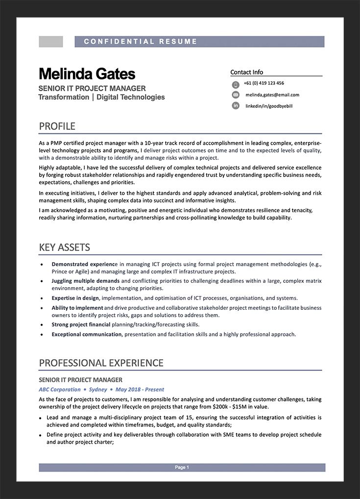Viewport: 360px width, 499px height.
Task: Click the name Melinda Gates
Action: (87, 74)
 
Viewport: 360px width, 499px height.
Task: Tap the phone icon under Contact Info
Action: (236, 84)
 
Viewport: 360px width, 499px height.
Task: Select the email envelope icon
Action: (236, 95)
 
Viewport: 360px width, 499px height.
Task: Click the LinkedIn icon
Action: (236, 105)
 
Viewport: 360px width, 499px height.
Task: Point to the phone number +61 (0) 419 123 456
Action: (264, 83)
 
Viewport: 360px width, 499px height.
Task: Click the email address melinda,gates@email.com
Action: (272, 95)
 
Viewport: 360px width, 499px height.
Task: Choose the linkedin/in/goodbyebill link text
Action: (269, 106)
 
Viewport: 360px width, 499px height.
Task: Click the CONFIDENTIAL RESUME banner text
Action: (141, 42)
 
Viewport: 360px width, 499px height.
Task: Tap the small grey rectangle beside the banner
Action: (51, 42)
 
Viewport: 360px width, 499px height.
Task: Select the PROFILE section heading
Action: (57, 126)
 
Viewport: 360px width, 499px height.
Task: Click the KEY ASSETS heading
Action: (65, 248)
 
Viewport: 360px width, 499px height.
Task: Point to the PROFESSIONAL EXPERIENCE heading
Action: (101, 363)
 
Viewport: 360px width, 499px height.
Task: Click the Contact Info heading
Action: (247, 72)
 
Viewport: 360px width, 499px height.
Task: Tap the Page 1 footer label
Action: (182, 468)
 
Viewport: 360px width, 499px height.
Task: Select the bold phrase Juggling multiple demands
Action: (86, 281)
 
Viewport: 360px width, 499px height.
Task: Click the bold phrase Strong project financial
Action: (81, 324)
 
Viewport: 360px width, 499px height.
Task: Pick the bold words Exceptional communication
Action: (87, 334)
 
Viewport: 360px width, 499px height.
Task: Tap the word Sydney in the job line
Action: (98, 390)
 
